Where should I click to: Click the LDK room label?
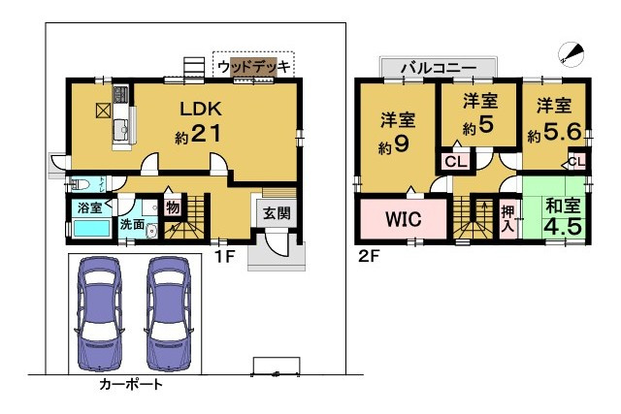(x=201, y=109)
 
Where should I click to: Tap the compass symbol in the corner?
(x=572, y=54)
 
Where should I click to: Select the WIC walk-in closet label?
(x=404, y=219)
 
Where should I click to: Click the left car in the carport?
(x=99, y=314)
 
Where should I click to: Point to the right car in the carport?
(x=169, y=314)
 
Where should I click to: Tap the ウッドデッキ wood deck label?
(x=254, y=67)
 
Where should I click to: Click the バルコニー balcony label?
(x=439, y=68)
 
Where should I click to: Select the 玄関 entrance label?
(x=277, y=213)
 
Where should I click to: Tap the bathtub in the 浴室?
(x=92, y=229)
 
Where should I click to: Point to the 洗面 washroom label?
(x=132, y=224)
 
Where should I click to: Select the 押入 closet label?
(x=507, y=219)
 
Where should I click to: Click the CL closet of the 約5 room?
(x=456, y=162)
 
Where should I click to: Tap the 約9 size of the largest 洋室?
(x=393, y=145)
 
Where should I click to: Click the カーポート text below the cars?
(x=131, y=384)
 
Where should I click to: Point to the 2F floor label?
(x=369, y=257)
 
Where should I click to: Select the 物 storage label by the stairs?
(x=173, y=207)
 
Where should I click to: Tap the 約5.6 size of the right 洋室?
(x=554, y=132)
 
